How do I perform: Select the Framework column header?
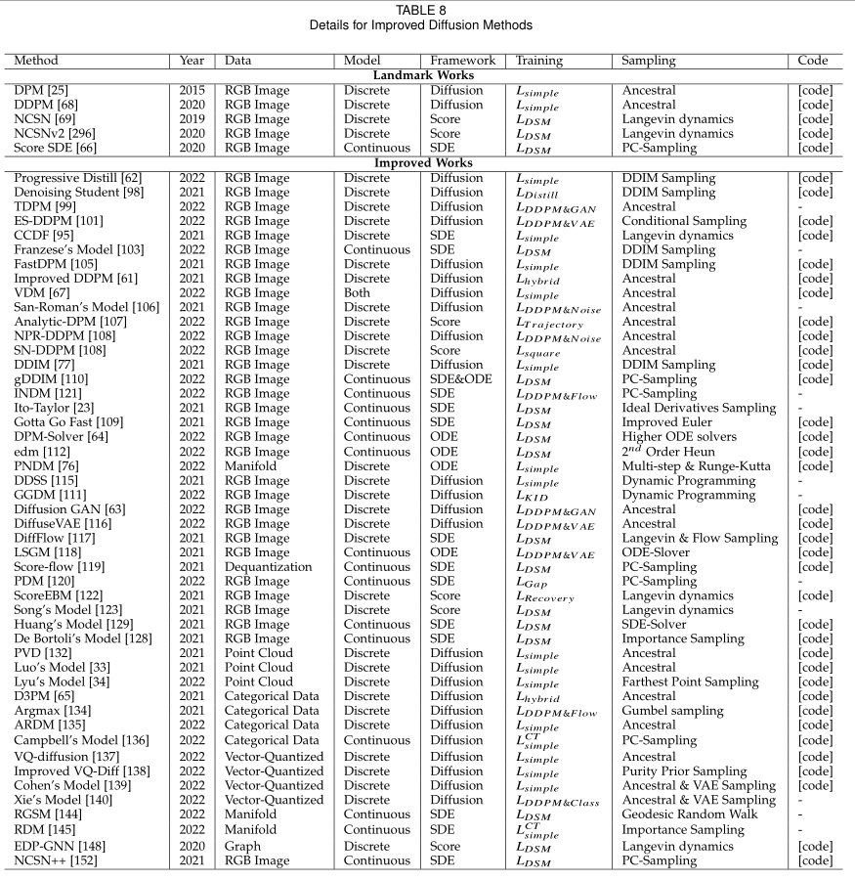click(462, 61)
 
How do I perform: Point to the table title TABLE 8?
click(427, 9)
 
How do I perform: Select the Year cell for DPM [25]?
click(192, 90)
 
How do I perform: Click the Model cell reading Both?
click(360, 291)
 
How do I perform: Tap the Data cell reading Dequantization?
click(268, 566)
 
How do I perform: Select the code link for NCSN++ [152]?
click(815, 860)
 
